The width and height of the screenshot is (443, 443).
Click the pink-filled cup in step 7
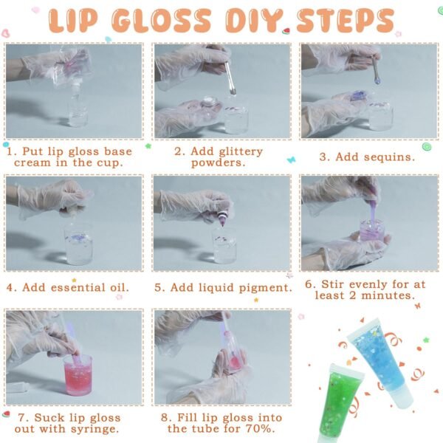coord(77,374)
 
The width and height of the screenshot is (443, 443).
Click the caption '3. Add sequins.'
coord(366,157)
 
